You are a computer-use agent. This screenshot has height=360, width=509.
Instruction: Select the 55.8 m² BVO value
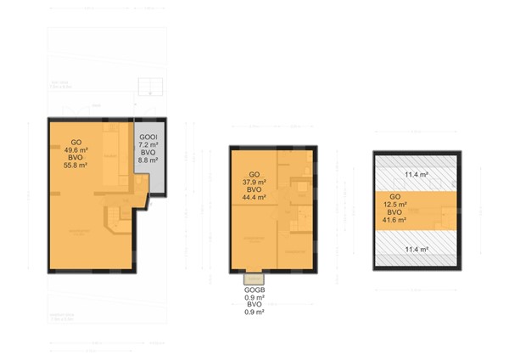76,166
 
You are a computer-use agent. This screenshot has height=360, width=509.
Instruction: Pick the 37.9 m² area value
253,181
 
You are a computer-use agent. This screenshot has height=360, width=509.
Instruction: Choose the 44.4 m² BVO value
253,197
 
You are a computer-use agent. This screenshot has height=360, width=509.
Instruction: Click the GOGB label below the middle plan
253,290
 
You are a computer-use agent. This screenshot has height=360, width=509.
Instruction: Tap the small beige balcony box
253,277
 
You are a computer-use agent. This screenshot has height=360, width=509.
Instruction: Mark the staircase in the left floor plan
115,218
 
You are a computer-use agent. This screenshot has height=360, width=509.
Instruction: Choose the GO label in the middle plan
253,173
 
